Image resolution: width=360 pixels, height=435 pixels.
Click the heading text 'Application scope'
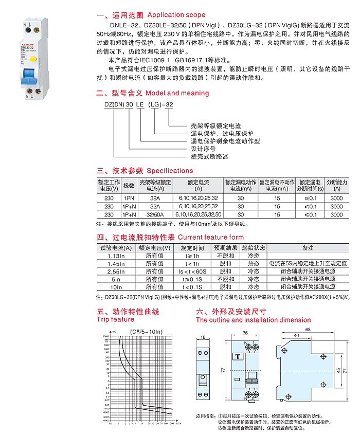(176, 15)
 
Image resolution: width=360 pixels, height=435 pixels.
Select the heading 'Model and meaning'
(177, 93)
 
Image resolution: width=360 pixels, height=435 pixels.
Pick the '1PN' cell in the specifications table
(129, 198)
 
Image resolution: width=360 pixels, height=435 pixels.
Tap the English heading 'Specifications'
(170, 171)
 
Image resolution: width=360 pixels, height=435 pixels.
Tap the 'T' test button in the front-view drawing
(238, 356)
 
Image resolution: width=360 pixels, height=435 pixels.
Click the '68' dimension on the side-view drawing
(307, 330)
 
